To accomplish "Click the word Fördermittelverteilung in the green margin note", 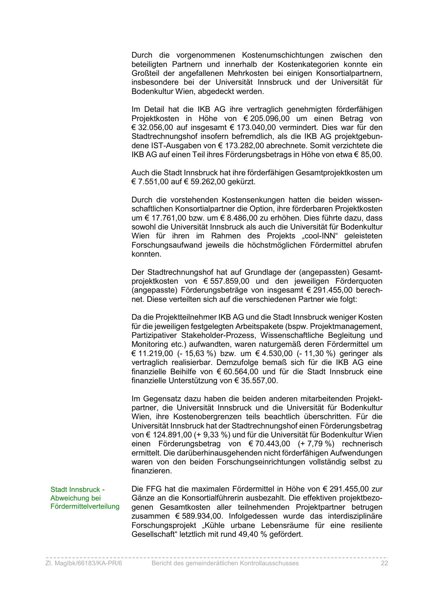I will [x=85, y=507].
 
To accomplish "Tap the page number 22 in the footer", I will [x=384, y=563].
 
